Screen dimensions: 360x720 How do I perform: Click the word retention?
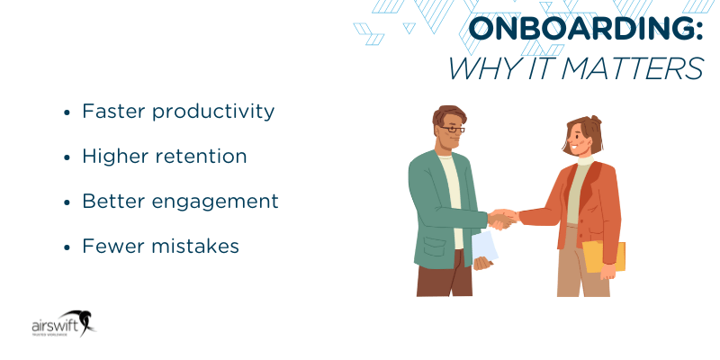click(200, 156)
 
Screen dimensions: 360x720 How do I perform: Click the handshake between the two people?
click(502, 218)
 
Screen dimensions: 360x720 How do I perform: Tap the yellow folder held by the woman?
click(604, 257)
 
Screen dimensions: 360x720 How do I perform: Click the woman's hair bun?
click(595, 121)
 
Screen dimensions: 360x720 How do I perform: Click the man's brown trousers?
click(443, 279)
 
